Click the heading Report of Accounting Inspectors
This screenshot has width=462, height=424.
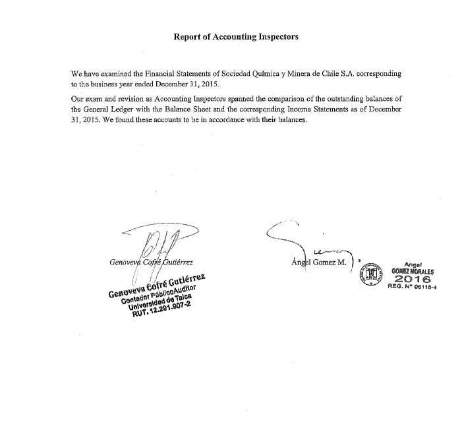coord(235,37)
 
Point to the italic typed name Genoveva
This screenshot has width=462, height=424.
coord(125,262)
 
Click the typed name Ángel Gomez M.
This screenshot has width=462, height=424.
coord(319,262)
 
